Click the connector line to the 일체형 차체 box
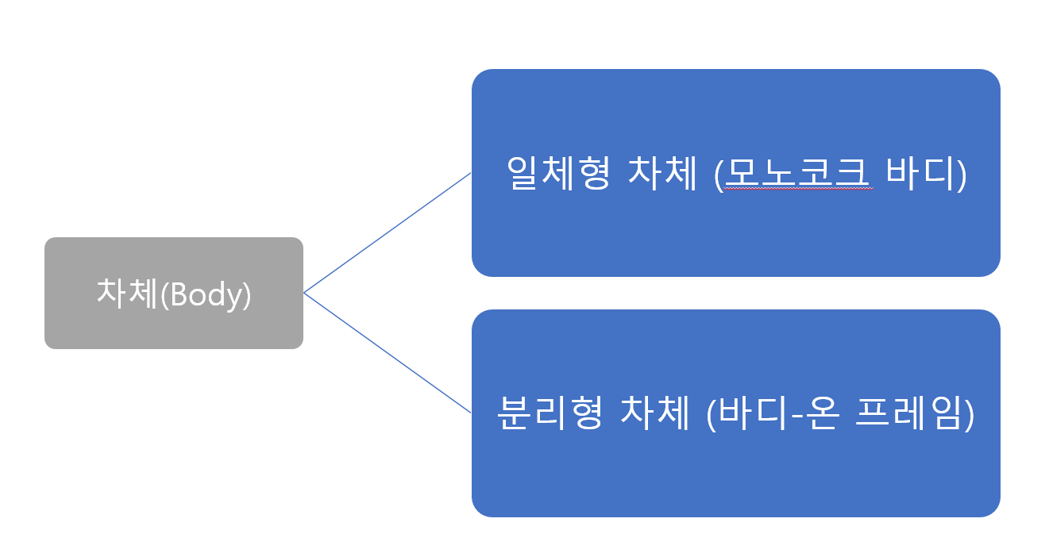tap(388, 233)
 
